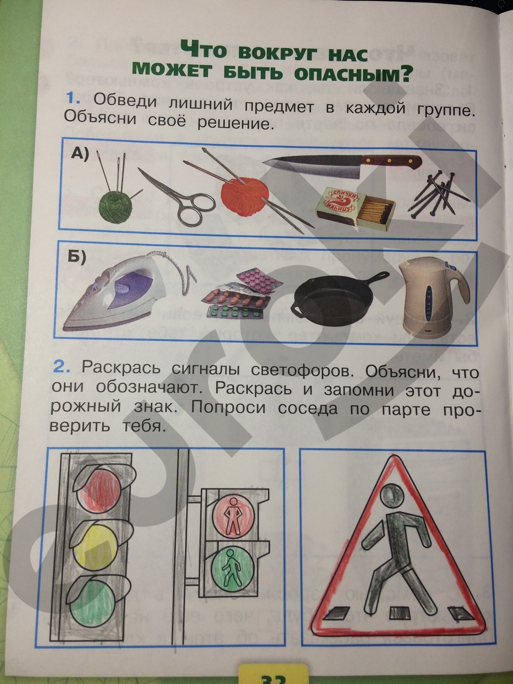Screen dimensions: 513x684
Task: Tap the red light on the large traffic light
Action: (x=97, y=493)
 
